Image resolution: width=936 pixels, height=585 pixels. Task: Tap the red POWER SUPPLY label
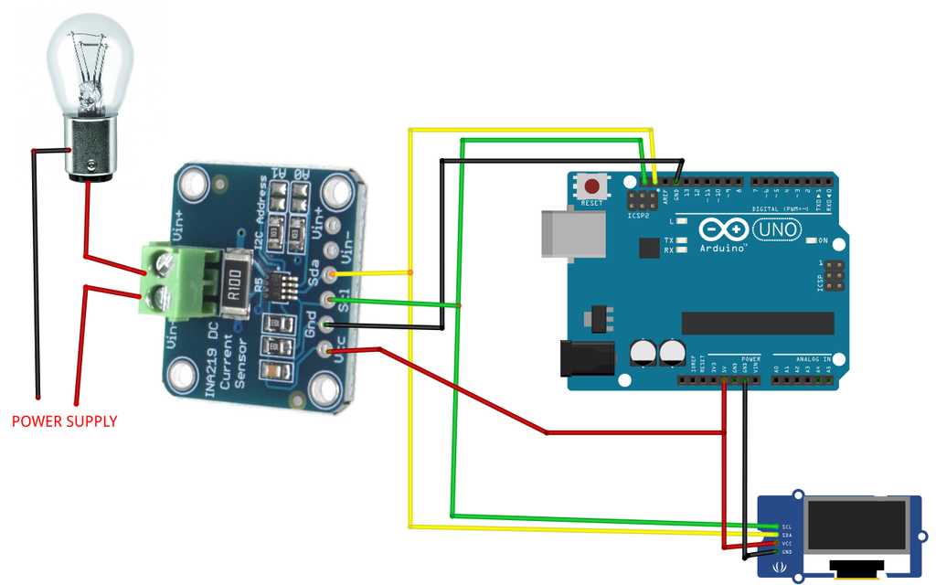pyautogui.click(x=64, y=421)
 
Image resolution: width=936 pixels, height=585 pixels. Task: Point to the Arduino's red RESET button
pyautogui.click(x=591, y=186)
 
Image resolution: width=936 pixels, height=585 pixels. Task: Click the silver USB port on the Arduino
pyautogui.click(x=573, y=233)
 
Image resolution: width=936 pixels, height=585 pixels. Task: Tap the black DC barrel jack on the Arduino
pyautogui.click(x=583, y=359)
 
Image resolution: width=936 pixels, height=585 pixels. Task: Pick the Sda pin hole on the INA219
pyautogui.click(x=332, y=273)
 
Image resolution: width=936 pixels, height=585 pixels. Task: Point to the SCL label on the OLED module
pyautogui.click(x=786, y=527)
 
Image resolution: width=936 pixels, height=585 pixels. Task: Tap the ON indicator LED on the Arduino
pyautogui.click(x=811, y=241)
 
